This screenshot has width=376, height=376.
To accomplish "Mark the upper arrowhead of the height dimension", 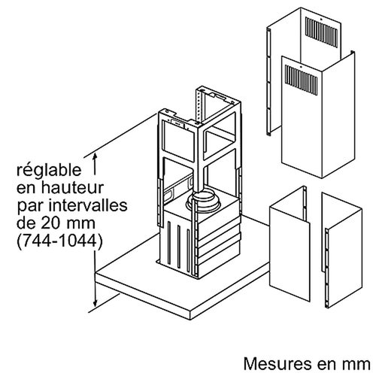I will [x=95, y=154].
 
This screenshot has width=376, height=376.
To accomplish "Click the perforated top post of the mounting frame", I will [x=199, y=105].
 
